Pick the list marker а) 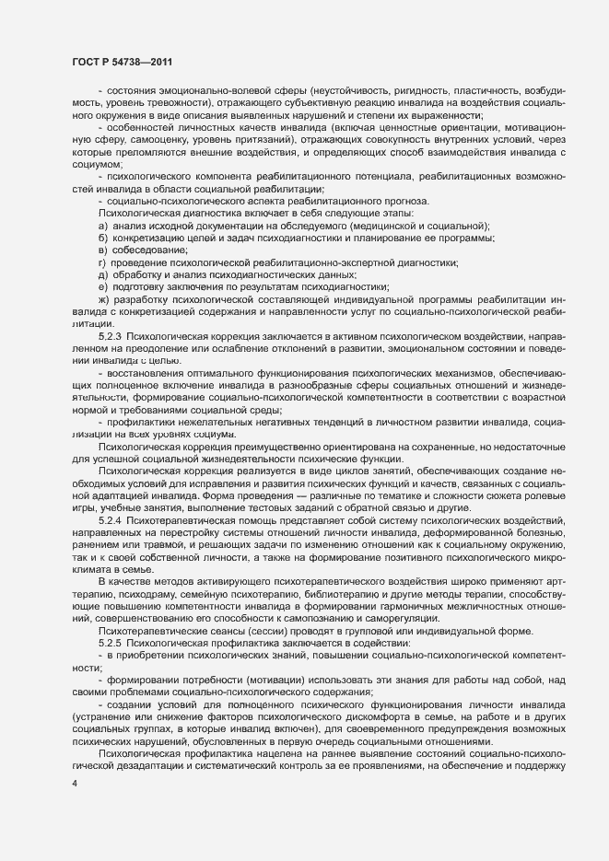click(102, 227)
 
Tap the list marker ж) click(103, 325)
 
